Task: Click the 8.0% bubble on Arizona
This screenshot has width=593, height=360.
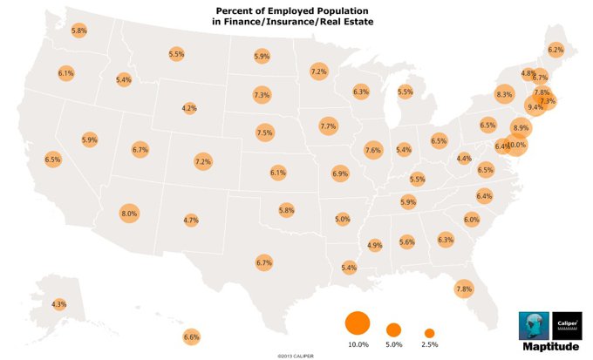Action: [x=129, y=214]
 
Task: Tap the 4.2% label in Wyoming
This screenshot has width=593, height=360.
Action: [x=188, y=108]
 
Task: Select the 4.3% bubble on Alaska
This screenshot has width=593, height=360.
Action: [x=58, y=304]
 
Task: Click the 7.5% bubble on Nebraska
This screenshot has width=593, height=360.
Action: [x=265, y=132]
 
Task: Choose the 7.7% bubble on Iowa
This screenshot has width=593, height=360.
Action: [x=328, y=126]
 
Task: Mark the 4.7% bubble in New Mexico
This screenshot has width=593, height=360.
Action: [x=192, y=221]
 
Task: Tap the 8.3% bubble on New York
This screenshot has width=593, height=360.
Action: [x=504, y=94]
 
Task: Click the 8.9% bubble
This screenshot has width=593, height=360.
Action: [x=521, y=128]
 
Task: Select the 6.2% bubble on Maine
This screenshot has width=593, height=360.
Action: [x=555, y=50]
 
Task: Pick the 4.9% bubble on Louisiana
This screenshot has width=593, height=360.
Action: [x=375, y=245]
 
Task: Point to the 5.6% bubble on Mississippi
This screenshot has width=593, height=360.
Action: [x=406, y=241]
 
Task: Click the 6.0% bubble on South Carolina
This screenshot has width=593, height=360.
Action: [x=472, y=220]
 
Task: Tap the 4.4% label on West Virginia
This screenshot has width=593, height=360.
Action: [x=464, y=159]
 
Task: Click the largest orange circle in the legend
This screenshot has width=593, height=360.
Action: [x=358, y=323]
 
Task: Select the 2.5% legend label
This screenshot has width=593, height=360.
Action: [x=429, y=345]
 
